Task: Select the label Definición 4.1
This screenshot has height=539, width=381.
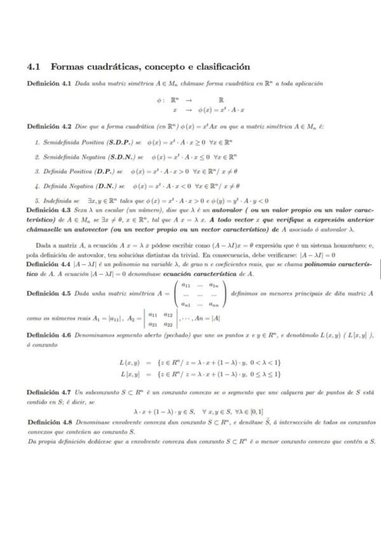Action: coord(50,84)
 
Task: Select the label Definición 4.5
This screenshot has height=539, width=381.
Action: coord(50,294)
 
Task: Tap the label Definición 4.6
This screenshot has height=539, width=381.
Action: coord(50,334)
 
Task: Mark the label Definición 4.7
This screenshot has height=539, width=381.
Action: coord(50,385)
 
